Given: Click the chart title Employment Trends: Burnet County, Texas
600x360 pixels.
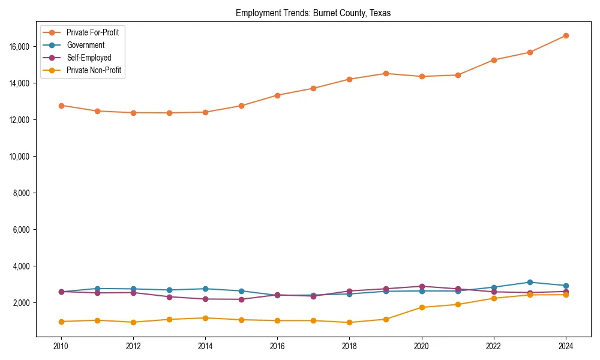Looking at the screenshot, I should pyautogui.click(x=313, y=13).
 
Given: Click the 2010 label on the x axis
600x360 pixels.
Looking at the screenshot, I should pyautogui.click(x=61, y=346).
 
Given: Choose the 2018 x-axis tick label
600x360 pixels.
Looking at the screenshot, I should pyautogui.click(x=349, y=346).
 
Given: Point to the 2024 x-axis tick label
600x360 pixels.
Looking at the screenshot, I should pyautogui.click(x=566, y=346).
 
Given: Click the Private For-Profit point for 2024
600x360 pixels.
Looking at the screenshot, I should pyautogui.click(x=566, y=35).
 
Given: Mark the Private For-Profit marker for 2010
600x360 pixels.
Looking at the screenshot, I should pyautogui.click(x=61, y=106).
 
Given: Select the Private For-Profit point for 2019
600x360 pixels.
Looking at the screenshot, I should pyautogui.click(x=386, y=74).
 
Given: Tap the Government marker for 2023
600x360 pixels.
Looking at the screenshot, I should pyautogui.click(x=530, y=283).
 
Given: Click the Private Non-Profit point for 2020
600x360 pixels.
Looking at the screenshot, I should pyautogui.click(x=422, y=307).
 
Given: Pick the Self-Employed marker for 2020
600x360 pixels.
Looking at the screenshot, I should pyautogui.click(x=422, y=287).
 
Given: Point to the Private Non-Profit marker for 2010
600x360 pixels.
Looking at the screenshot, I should pyautogui.click(x=61, y=322).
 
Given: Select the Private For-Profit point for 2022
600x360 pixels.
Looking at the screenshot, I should pyautogui.click(x=494, y=60).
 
